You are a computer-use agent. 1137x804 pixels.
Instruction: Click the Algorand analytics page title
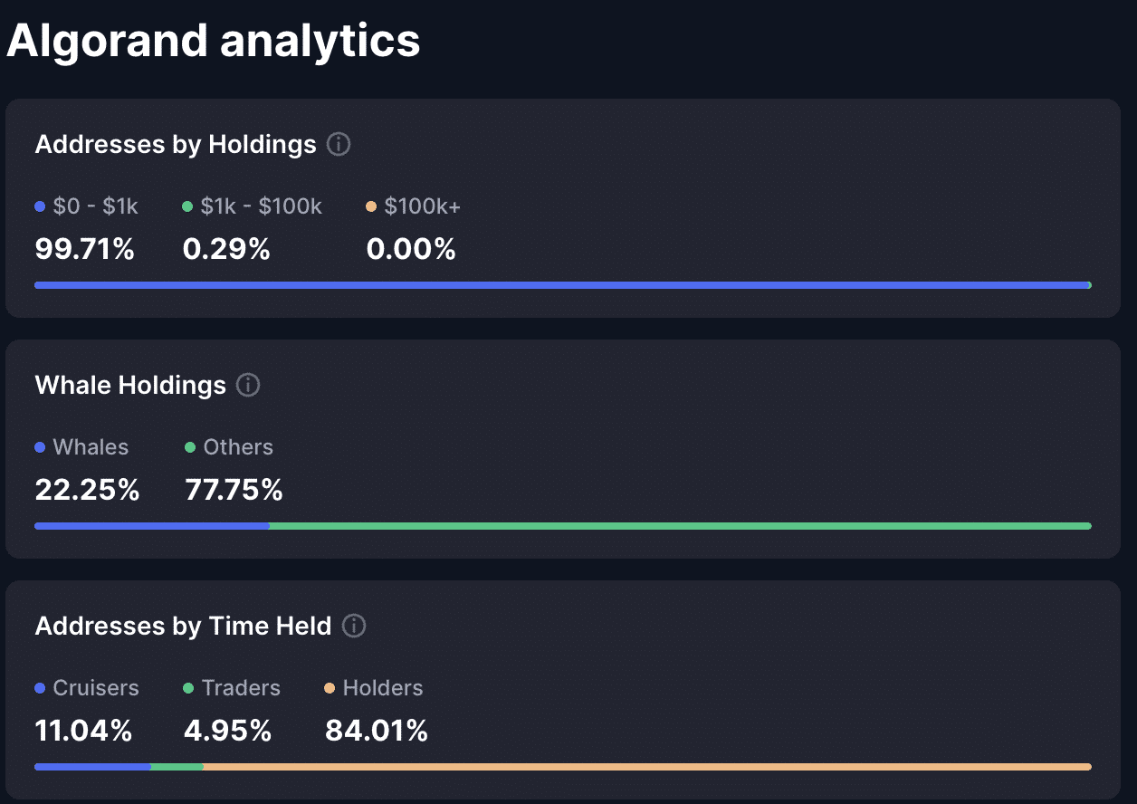[x=214, y=42]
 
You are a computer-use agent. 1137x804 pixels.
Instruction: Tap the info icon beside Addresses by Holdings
[x=339, y=144]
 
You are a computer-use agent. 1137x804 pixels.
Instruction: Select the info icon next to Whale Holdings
[x=248, y=385]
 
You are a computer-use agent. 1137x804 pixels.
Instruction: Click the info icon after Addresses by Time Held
[x=354, y=626]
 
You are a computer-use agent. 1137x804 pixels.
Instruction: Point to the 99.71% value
[x=84, y=249]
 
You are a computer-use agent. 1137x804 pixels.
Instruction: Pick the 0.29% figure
[x=226, y=249]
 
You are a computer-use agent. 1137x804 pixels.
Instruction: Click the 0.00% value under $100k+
[x=411, y=249]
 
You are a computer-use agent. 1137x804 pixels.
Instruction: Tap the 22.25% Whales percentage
[x=87, y=490]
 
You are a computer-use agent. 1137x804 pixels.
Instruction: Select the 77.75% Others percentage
[x=234, y=490]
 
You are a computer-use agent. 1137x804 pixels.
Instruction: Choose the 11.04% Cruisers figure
[x=83, y=731]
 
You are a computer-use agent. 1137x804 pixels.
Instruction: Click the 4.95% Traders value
[x=227, y=731]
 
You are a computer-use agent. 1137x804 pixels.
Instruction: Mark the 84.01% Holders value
[x=377, y=731]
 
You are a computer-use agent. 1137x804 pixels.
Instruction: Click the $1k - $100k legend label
[x=261, y=206]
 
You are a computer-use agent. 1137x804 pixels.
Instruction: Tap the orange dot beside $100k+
[x=371, y=206]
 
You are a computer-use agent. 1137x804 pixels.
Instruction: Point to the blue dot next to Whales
[x=40, y=447]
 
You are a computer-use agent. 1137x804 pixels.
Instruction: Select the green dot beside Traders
[x=188, y=688]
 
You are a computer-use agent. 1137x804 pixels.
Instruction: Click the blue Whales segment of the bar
[x=151, y=525]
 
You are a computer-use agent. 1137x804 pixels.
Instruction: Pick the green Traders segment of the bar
[x=177, y=767]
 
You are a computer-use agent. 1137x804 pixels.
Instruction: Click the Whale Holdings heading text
[x=130, y=385]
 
